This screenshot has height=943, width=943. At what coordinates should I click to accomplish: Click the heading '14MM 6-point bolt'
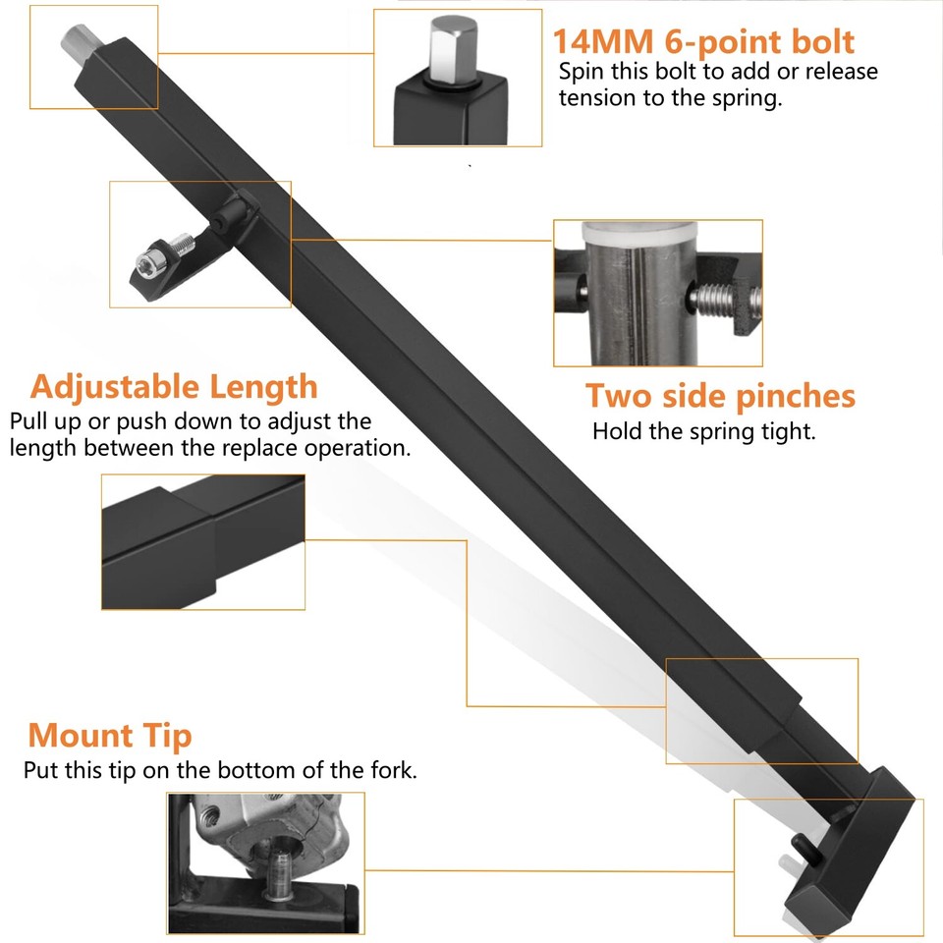702,41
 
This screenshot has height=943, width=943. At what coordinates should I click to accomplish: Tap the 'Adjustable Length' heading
174,386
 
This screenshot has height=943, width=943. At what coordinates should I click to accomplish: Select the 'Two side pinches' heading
720,396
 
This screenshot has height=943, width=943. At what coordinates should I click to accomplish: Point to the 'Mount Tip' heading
109,735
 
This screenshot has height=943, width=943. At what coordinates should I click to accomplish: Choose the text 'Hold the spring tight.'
703,431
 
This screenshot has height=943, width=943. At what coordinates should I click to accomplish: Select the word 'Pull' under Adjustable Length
30,422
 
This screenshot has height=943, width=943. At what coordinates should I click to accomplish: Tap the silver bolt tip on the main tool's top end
78,41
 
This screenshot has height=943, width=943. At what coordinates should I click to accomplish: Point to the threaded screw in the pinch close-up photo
721,296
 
